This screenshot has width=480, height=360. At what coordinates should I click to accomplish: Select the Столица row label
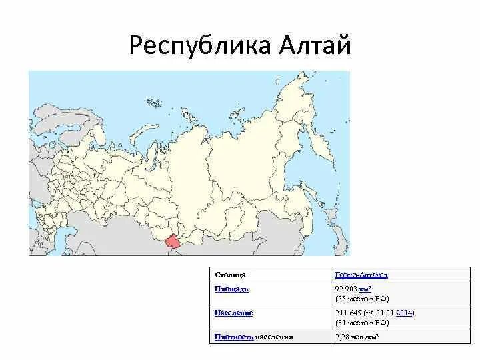(231, 274)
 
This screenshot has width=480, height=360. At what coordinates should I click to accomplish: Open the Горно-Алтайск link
(361, 274)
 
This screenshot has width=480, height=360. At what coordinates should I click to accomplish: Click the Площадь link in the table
(231, 289)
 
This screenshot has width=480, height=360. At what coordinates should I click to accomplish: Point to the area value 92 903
(345, 289)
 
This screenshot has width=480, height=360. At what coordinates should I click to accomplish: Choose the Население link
(233, 313)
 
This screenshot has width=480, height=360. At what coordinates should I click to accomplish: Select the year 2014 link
(404, 313)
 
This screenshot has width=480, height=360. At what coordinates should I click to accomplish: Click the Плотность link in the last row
(233, 337)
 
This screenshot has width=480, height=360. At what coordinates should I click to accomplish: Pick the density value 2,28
(341, 337)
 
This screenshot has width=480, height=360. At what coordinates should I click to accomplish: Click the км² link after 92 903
(365, 289)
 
